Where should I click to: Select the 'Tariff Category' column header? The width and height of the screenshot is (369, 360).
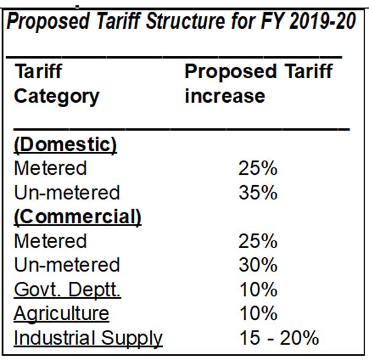pyautogui.click(x=56, y=84)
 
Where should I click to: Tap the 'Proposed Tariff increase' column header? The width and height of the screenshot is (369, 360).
pyautogui.click(x=258, y=84)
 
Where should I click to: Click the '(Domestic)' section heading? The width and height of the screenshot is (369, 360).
pyautogui.click(x=66, y=145)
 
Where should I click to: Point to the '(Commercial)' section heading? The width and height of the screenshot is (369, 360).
pyautogui.click(x=77, y=217)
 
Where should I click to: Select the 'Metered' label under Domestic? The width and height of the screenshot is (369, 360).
pyautogui.click(x=50, y=169)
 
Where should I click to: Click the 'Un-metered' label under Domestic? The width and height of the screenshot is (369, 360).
pyautogui.click(x=66, y=193)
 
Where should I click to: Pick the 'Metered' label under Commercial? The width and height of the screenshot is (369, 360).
pyautogui.click(x=50, y=241)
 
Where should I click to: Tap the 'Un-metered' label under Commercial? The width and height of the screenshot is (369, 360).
pyautogui.click(x=66, y=265)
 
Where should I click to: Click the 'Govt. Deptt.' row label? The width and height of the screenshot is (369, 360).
pyautogui.click(x=67, y=289)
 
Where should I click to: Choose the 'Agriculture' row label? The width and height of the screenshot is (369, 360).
pyautogui.click(x=61, y=314)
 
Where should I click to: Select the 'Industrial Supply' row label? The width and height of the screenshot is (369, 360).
pyautogui.click(x=88, y=338)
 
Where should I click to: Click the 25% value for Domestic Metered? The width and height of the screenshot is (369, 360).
pyautogui.click(x=258, y=169)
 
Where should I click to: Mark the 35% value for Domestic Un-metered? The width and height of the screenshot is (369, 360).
pyautogui.click(x=258, y=193)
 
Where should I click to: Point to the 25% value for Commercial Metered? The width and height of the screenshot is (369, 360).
pyautogui.click(x=258, y=241)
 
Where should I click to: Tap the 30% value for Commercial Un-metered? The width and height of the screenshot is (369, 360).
pyautogui.click(x=258, y=265)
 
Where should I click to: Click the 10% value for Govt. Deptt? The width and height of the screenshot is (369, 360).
pyautogui.click(x=258, y=289)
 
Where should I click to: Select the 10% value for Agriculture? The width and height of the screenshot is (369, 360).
pyautogui.click(x=258, y=314)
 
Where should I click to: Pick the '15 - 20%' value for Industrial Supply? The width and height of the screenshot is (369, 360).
pyautogui.click(x=279, y=338)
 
